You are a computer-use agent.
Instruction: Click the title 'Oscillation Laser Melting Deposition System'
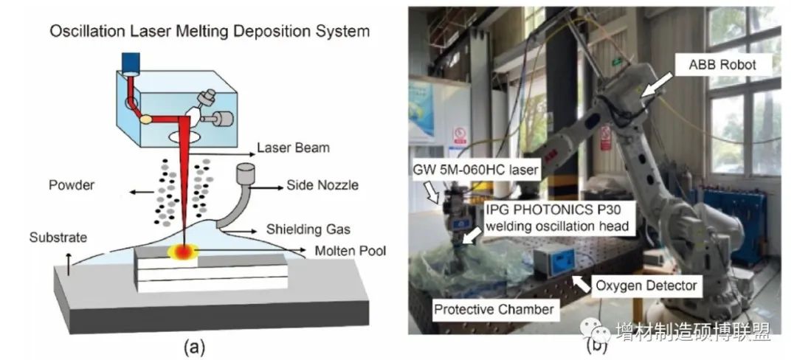pyautogui.click(x=210, y=32)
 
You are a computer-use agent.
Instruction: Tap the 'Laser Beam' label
pyautogui.click(x=294, y=148)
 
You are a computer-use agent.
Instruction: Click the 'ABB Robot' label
pyautogui.click(x=728, y=65)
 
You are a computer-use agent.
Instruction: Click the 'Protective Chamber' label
pyautogui.click(x=493, y=309)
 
